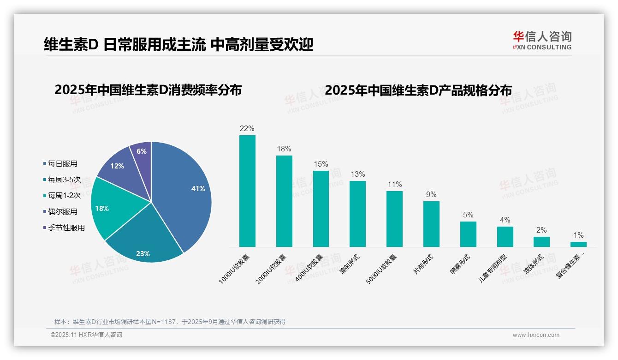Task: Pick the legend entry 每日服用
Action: (x=62, y=163)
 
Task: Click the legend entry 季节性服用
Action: (x=66, y=228)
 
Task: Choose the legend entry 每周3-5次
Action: (x=64, y=180)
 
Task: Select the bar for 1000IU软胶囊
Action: (x=247, y=191)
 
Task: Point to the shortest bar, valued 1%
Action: (x=578, y=244)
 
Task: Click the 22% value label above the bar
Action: (x=247, y=128)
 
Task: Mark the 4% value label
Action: (x=505, y=220)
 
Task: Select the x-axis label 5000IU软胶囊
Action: (x=381, y=269)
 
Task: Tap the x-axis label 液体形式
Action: (x=534, y=264)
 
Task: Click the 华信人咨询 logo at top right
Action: (x=542, y=41)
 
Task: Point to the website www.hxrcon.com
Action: (x=536, y=335)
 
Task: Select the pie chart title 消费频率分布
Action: (x=148, y=90)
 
